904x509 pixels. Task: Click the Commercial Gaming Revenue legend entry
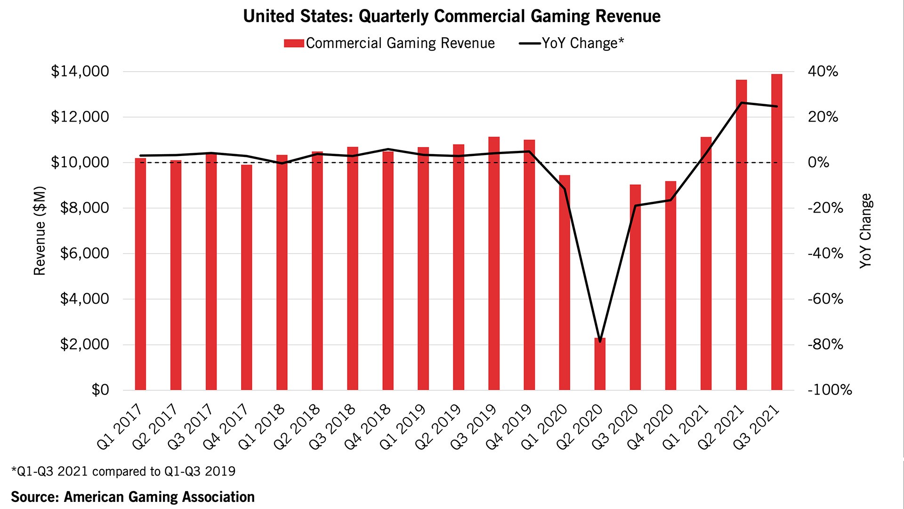389,43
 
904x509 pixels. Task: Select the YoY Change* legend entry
572,43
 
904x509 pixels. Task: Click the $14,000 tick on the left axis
80,72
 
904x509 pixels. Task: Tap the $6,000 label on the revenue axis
84,254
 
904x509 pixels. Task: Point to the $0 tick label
100,390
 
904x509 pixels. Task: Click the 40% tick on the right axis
823,72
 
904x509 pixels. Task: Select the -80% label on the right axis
825,345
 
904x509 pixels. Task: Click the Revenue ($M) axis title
40,231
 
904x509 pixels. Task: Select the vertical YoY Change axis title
865,231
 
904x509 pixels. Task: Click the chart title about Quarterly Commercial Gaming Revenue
452,16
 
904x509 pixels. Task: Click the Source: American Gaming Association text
133,497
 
